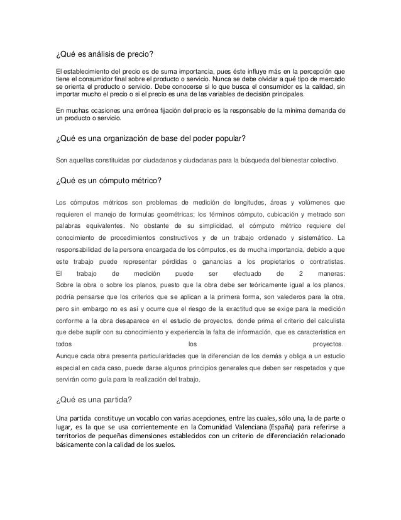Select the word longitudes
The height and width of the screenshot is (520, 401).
(x=222, y=203)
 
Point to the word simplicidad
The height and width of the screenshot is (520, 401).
(x=214, y=225)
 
